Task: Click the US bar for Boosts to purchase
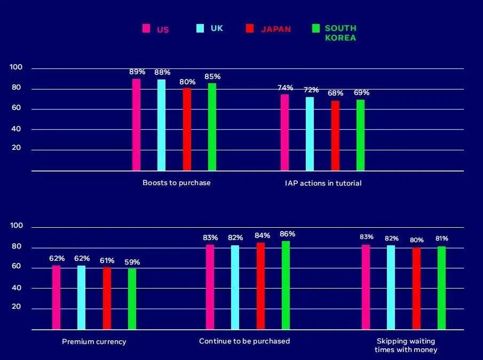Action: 137,125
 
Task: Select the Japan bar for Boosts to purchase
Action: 187,129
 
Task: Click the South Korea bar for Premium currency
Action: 132,299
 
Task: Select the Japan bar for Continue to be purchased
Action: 260,286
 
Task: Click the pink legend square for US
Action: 146,29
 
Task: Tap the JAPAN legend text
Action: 276,29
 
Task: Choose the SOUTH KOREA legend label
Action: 341,33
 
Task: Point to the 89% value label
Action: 137,71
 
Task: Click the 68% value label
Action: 336,93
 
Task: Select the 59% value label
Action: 132,262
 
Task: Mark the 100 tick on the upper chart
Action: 16,68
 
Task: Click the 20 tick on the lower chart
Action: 16,308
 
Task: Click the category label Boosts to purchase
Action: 177,183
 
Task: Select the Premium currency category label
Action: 94,341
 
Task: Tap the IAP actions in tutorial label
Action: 323,183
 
